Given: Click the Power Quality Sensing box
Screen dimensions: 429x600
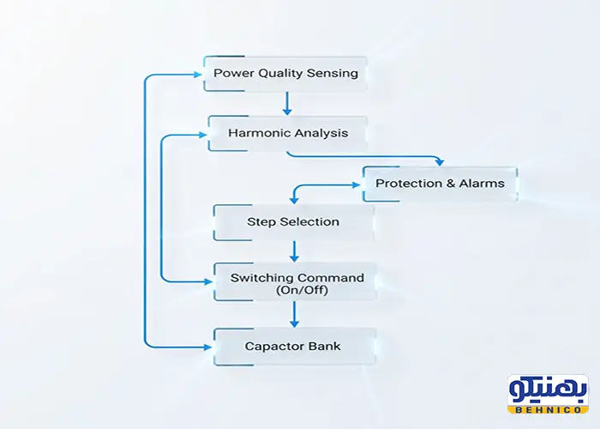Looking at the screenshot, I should (285, 73).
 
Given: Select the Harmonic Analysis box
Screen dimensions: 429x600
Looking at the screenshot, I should (287, 133).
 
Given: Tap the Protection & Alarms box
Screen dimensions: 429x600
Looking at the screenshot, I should (440, 183).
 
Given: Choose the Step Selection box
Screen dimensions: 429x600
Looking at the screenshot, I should (293, 222).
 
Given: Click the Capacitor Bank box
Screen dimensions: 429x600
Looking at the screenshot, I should (293, 346).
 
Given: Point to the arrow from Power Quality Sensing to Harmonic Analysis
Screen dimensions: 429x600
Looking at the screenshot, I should (287, 103).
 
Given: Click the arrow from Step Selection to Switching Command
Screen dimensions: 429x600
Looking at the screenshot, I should (294, 251).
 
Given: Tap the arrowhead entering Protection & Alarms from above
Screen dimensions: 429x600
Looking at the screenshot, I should (439, 160).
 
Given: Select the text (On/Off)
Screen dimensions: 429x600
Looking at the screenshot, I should (297, 291).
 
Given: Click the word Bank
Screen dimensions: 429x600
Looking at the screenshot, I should (325, 346).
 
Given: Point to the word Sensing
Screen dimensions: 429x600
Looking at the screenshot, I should (334, 73).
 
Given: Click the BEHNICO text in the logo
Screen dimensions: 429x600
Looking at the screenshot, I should (548, 409).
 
